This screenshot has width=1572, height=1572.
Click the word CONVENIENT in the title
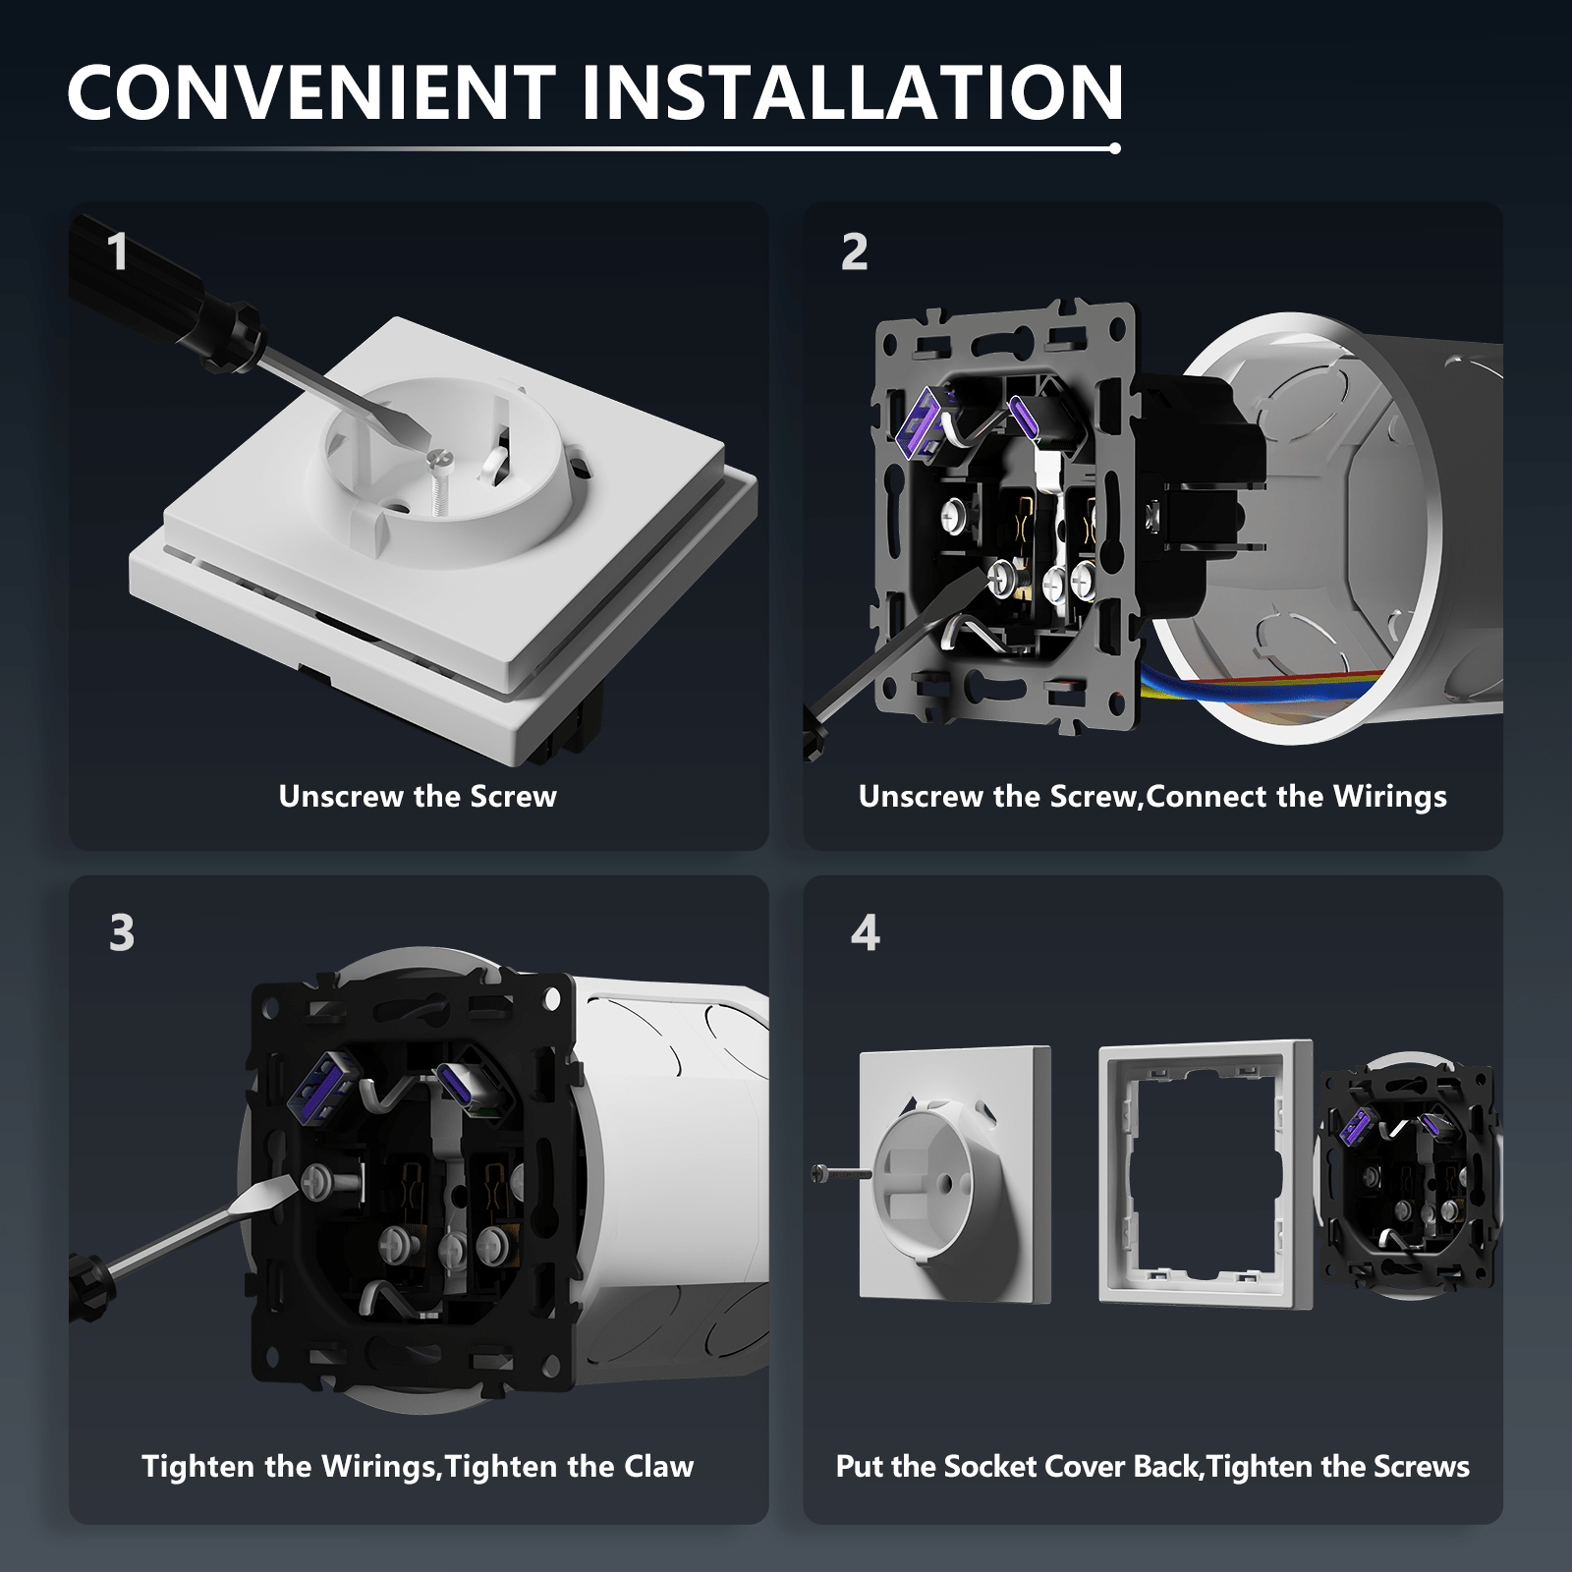click(311, 92)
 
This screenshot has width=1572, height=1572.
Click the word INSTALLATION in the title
click(852, 92)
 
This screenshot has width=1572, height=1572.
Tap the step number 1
click(118, 252)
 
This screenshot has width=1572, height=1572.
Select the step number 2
click(855, 252)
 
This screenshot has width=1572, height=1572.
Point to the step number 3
click(122, 932)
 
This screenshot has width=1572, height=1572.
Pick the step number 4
click(866, 932)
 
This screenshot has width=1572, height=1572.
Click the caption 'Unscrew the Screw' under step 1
click(418, 796)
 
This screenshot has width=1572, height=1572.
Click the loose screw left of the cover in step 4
click(841, 1173)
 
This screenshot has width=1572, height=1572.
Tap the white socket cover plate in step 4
click(955, 1175)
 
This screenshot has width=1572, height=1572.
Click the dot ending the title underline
click(1114, 148)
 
